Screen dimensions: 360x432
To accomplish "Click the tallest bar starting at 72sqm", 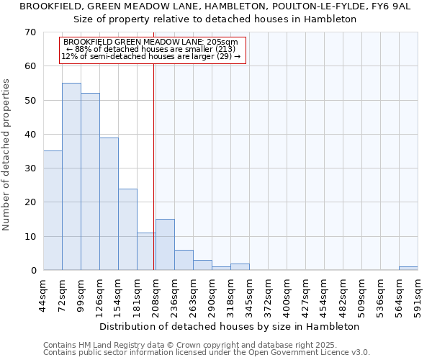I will [71, 176].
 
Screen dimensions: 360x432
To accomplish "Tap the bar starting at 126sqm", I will [109, 204].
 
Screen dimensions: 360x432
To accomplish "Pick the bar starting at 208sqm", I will [165, 245].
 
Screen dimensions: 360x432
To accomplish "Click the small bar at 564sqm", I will [408, 269].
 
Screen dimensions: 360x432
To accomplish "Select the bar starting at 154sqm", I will [127, 230].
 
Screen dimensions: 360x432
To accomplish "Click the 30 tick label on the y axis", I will [30, 168].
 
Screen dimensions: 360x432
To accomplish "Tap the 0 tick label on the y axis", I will [33, 271].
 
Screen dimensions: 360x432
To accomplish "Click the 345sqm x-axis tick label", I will [249, 295].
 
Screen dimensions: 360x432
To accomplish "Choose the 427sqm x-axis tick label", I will [305, 295].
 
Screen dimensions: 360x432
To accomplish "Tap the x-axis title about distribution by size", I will [229, 326].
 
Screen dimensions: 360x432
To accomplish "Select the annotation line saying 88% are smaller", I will [155, 49].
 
